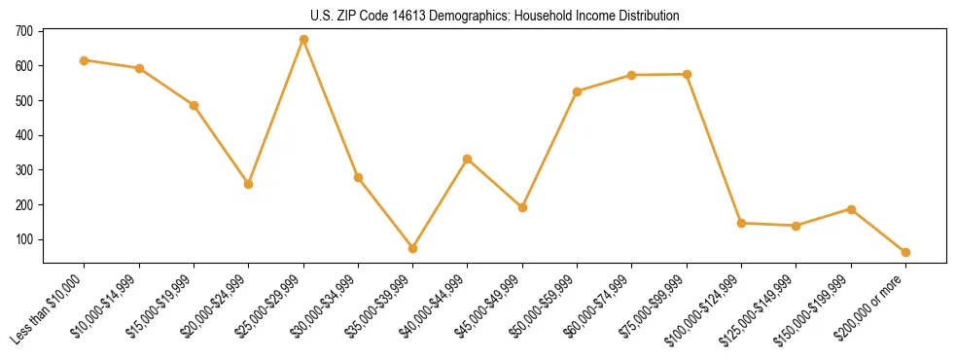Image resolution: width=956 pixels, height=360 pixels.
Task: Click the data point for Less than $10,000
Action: pyautogui.click(x=85, y=60)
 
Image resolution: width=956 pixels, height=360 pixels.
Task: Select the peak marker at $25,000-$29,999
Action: pyautogui.click(x=303, y=40)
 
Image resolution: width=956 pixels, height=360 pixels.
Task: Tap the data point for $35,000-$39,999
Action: pyautogui.click(x=413, y=248)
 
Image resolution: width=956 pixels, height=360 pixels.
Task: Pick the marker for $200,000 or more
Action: pyautogui.click(x=905, y=252)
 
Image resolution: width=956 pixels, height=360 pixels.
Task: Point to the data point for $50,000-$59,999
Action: pyautogui.click(x=578, y=91)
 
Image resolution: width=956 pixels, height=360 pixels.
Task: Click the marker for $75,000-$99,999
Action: pyautogui.click(x=687, y=74)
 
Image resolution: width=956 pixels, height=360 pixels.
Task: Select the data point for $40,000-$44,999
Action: pyautogui.click(x=468, y=159)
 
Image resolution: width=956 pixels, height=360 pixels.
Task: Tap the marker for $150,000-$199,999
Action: pyautogui.click(x=851, y=209)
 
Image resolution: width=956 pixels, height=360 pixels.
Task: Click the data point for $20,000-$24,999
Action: pyautogui.click(x=249, y=184)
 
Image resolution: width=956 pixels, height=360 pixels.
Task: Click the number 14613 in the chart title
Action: pyautogui.click(x=383, y=16)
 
